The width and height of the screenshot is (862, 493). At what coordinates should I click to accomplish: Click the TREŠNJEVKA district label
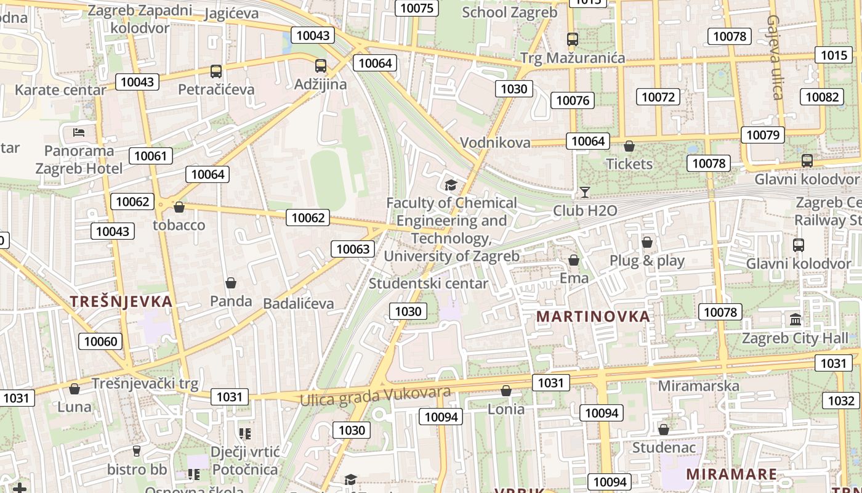(x=121, y=301)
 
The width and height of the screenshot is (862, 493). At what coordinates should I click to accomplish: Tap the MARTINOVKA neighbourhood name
(x=593, y=316)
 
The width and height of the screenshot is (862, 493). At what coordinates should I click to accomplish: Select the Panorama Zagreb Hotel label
(x=79, y=160)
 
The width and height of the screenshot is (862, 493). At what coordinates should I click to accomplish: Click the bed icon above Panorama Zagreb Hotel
(x=79, y=132)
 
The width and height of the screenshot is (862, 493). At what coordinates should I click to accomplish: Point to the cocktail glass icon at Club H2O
(x=585, y=192)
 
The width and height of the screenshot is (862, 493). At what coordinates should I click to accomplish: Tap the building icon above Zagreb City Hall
(x=796, y=320)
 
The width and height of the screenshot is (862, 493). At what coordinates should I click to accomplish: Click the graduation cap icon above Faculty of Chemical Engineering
(x=451, y=184)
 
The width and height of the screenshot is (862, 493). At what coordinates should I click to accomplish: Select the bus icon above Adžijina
(x=320, y=66)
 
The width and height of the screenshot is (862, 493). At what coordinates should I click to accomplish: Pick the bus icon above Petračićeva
(x=216, y=71)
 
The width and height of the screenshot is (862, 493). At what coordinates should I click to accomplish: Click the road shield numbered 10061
(x=151, y=156)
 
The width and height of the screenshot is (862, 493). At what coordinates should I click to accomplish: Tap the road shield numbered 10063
(x=353, y=249)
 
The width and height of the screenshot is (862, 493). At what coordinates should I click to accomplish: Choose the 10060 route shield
(x=100, y=341)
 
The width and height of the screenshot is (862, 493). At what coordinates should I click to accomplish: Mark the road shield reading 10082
(x=822, y=97)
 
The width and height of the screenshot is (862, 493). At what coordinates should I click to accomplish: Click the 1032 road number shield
(x=840, y=401)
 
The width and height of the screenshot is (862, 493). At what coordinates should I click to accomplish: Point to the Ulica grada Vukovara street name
(x=375, y=396)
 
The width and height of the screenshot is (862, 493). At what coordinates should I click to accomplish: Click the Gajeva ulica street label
(x=775, y=57)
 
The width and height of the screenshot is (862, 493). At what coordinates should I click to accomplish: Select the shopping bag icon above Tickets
(x=629, y=146)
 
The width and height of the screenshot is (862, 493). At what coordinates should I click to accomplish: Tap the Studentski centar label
(x=428, y=283)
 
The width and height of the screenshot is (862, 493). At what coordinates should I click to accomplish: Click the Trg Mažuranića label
(x=573, y=58)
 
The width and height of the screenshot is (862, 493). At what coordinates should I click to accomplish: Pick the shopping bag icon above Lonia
(x=506, y=391)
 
